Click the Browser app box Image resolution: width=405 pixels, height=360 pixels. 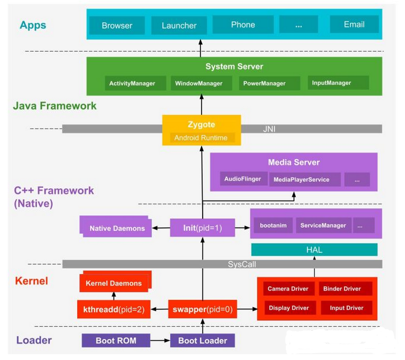[117, 25]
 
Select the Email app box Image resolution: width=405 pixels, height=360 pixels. [354, 25]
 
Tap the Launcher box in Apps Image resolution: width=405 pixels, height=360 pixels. [179, 25]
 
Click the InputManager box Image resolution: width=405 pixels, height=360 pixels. [338, 82]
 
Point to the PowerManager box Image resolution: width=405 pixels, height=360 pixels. [269, 83]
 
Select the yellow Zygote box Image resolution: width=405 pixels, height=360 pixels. [202, 130]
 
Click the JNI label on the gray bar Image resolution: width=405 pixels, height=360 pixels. [269, 129]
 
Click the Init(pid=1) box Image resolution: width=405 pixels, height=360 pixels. [202, 228]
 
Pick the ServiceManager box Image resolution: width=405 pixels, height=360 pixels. [323, 226]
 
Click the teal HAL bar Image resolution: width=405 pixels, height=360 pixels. [314, 250]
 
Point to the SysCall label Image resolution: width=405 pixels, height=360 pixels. [242, 264]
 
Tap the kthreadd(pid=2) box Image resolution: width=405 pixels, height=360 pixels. [113, 309]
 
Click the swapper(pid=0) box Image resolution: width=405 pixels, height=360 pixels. [202, 309]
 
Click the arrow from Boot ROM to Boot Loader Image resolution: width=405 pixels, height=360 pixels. [160, 340]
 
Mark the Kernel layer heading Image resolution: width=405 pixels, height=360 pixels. [32, 281]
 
